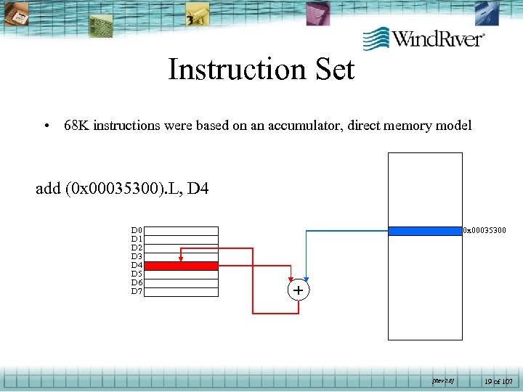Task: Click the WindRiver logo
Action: pyautogui.click(x=423, y=38)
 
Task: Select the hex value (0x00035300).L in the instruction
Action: pyautogui.click(x=121, y=189)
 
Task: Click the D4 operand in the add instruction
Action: pyautogui.click(x=198, y=189)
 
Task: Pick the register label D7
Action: pyautogui.click(x=137, y=292)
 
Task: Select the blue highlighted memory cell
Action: pyautogui.click(x=425, y=231)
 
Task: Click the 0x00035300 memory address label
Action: pyautogui.click(x=485, y=231)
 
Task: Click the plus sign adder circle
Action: pyautogui.click(x=298, y=290)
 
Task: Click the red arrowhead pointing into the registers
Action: pyautogui.click(x=182, y=257)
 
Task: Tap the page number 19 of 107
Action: pyautogui.click(x=499, y=380)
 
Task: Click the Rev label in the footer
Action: pyautogui.click(x=442, y=380)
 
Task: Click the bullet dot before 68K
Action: pyautogui.click(x=46, y=126)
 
